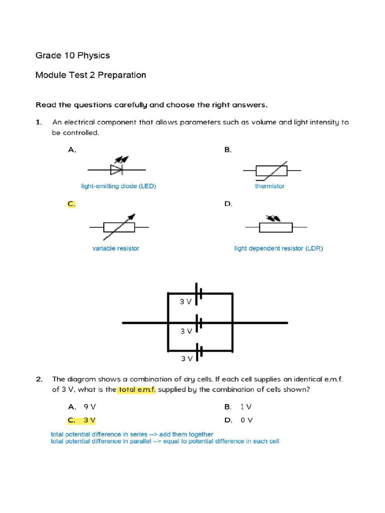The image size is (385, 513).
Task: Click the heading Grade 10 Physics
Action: click(73, 55)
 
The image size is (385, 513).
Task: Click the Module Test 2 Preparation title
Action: click(91, 75)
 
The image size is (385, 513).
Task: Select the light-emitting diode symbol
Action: click(118, 168)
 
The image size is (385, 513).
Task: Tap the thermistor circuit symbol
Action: click(272, 171)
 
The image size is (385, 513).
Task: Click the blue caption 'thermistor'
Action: click(270, 186)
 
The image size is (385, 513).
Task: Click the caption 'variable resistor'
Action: click(116, 248)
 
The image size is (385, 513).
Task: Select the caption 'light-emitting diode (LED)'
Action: click(119, 186)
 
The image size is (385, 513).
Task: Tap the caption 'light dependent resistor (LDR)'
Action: click(279, 248)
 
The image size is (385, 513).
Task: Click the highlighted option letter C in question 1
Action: click(71, 204)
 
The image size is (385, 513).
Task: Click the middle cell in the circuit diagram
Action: click(199, 323)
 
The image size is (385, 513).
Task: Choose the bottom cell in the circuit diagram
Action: click(199, 352)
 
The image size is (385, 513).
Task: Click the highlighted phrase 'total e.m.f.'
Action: click(137, 390)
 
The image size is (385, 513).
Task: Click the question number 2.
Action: click(39, 379)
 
